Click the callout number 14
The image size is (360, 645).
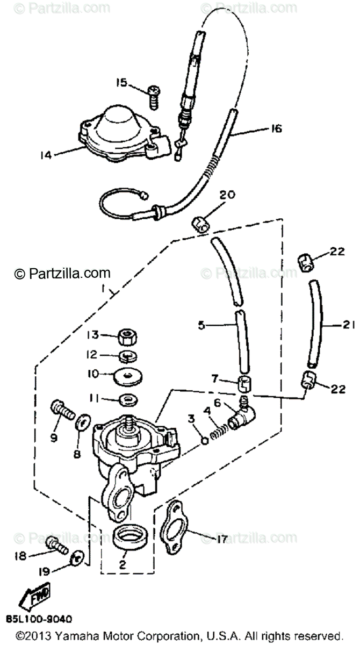coord(47,155)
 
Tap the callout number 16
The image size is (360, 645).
coord(276,129)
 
